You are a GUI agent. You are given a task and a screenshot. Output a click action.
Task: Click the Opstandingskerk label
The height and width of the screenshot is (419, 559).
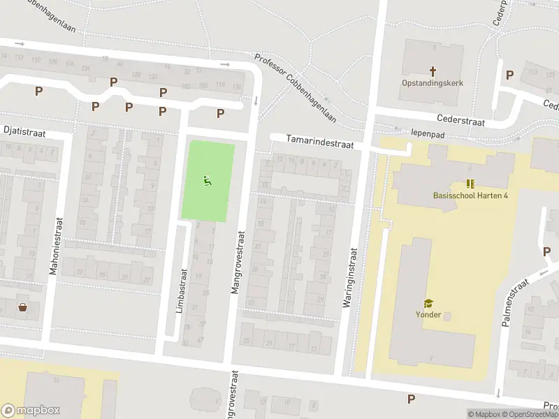[x=432, y=82]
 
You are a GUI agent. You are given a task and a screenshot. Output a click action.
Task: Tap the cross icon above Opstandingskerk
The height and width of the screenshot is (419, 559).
[x=432, y=71]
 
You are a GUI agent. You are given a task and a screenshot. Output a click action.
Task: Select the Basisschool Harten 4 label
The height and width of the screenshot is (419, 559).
[x=470, y=195]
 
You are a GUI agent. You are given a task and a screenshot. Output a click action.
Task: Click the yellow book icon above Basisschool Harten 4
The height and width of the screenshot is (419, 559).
[x=470, y=184]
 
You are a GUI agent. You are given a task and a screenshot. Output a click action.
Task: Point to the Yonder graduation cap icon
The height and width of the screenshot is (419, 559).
[x=428, y=303]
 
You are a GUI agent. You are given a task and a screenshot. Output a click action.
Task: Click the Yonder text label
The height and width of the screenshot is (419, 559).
[x=428, y=314]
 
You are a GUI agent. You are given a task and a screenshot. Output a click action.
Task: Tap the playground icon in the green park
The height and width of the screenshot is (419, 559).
[x=207, y=182]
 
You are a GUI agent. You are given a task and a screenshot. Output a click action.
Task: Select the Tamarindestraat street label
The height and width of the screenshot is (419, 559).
[x=320, y=142]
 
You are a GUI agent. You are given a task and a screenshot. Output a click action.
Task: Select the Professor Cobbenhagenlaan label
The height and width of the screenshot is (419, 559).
[x=295, y=89]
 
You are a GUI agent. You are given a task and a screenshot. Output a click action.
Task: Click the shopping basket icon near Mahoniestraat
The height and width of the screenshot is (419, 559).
[x=23, y=307]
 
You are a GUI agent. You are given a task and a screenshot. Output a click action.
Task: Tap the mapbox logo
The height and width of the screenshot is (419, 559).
[x=31, y=411]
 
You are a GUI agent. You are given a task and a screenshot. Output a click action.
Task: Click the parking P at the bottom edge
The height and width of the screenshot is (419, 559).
[x=411, y=399]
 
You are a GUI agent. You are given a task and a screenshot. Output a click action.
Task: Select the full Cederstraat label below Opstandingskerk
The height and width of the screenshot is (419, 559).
[x=460, y=119]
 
